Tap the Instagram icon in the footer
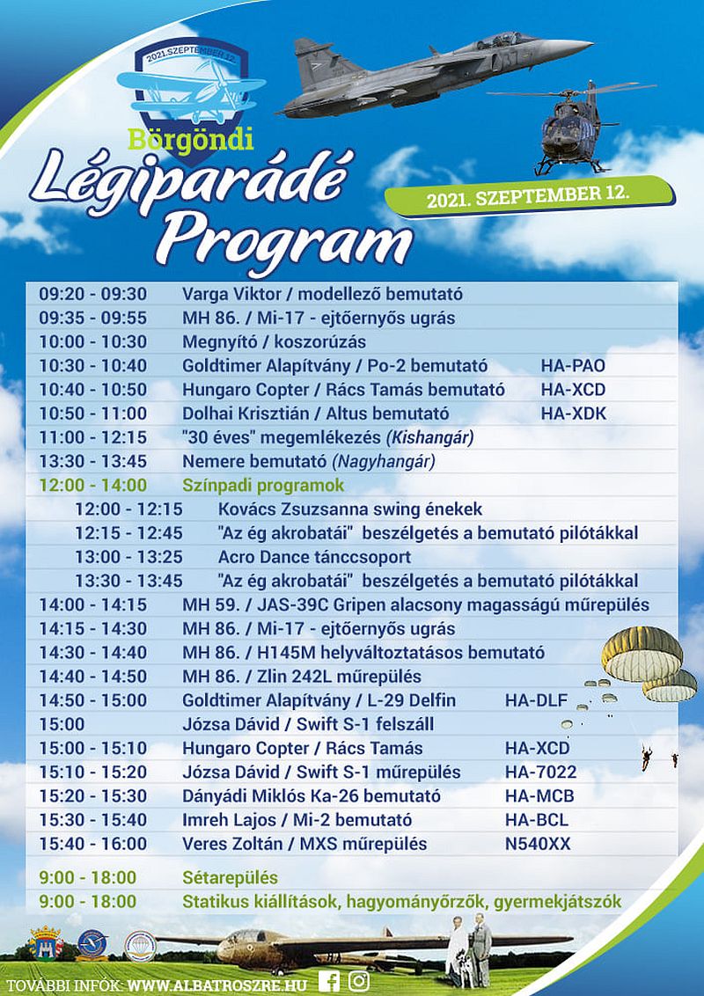point(359,981)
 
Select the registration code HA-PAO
point(573,366)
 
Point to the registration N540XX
point(537,844)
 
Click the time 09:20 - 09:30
point(92,295)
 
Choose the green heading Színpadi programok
point(263,486)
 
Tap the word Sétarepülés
point(230,878)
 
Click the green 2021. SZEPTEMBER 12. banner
point(528,197)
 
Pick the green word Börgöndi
point(190,139)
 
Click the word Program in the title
point(290,238)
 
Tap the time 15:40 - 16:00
point(92,844)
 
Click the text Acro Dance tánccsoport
point(314,557)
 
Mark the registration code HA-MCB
point(536,796)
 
